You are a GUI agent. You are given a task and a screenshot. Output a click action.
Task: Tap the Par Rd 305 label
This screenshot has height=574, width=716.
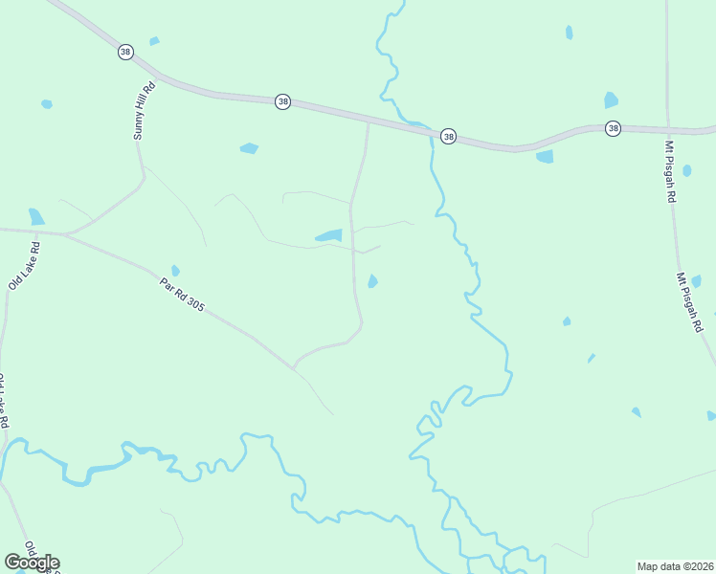pyautogui.click(x=182, y=292)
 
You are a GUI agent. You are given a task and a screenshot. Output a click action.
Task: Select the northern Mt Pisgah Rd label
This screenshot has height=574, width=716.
pyautogui.click(x=671, y=171)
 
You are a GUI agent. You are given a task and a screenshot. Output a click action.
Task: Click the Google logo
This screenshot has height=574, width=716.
pyautogui.click(x=32, y=563)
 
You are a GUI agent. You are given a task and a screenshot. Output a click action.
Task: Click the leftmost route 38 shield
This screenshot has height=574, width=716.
pyautogui.click(x=125, y=52)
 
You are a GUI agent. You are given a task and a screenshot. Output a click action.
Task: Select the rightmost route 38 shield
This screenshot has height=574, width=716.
pyautogui.click(x=613, y=128)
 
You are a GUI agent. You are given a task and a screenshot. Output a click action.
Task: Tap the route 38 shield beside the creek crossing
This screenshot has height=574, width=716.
pyautogui.click(x=448, y=138)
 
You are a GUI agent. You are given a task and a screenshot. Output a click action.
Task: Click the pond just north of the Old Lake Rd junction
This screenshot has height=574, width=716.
pyautogui.click(x=36, y=216)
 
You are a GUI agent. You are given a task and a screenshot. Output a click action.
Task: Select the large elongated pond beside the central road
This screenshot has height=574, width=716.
pyautogui.click(x=328, y=235)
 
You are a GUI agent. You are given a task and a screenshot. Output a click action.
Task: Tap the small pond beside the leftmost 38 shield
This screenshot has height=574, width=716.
pyautogui.click(x=153, y=41)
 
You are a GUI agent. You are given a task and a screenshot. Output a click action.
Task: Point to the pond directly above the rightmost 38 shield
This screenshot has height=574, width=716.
pyautogui.click(x=611, y=100)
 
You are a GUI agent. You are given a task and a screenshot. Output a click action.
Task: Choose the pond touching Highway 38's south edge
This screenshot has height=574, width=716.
pyautogui.click(x=545, y=157)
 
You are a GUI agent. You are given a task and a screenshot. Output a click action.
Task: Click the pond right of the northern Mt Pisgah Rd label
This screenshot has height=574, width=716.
pyautogui.click(x=686, y=171)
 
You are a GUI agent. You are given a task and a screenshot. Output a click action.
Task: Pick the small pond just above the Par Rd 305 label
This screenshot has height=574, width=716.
pyautogui.click(x=174, y=271)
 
